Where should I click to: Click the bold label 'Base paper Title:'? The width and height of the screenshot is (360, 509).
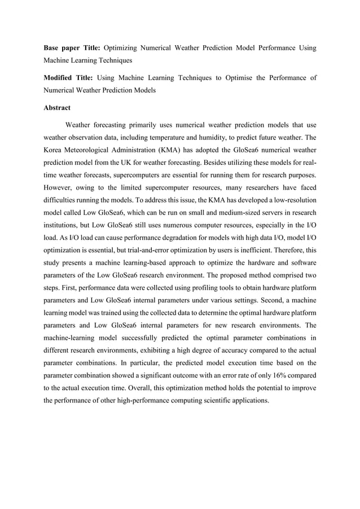point(71,47)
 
